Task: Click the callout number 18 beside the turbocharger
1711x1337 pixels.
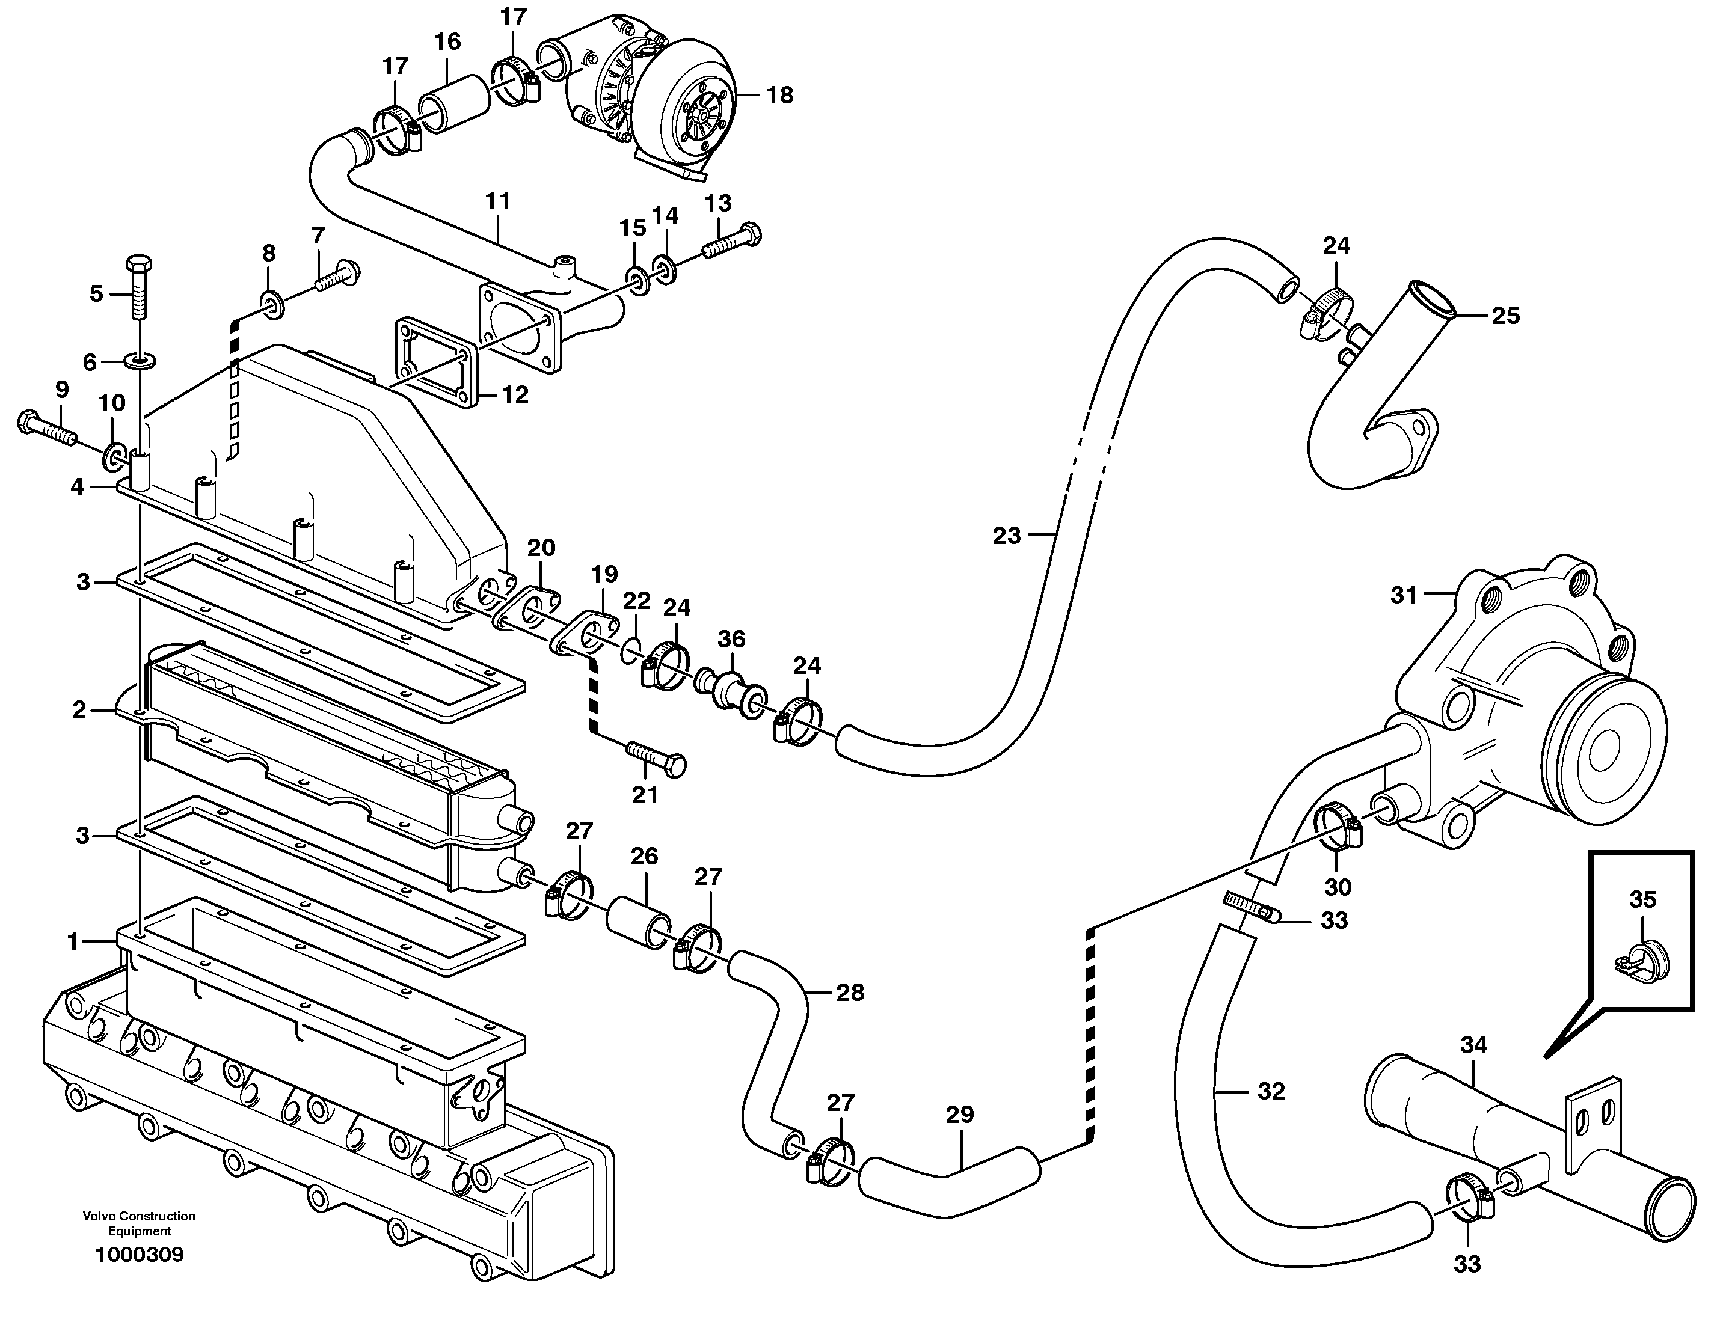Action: click(779, 95)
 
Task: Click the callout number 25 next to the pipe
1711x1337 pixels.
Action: click(1505, 316)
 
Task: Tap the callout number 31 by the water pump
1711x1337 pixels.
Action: click(1404, 595)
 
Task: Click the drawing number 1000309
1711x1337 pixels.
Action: click(140, 1255)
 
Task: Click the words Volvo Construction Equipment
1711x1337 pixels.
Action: click(140, 1223)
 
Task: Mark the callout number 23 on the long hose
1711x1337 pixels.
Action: click(1007, 536)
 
